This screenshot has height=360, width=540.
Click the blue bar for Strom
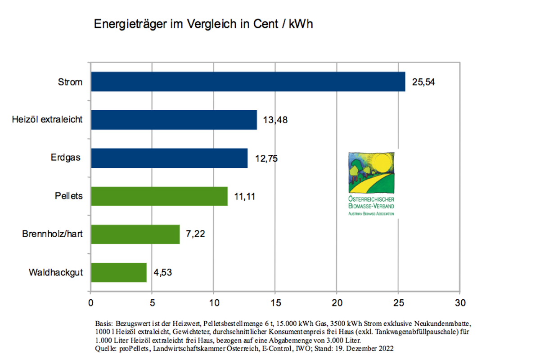247,82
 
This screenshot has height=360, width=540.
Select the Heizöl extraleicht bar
174,120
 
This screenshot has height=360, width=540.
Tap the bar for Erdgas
169,158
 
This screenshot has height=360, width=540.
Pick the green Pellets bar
159,196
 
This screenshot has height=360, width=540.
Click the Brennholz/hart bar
135,234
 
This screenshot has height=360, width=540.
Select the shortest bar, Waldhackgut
119,272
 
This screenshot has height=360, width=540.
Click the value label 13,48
275,120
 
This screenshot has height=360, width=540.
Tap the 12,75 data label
266,158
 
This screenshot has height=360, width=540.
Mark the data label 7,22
196,234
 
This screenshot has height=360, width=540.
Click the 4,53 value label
162,273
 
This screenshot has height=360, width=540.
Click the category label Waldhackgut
56,273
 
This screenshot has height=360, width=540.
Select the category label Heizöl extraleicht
47,120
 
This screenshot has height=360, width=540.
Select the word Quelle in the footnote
105,349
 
